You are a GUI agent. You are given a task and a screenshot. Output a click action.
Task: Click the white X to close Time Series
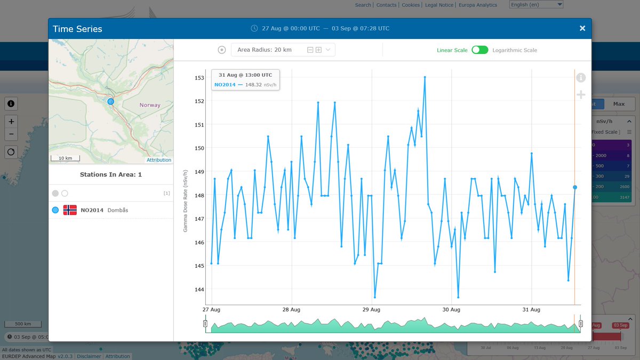[x=582, y=28]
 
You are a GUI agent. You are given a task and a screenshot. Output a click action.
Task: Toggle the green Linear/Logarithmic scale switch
[x=479, y=50]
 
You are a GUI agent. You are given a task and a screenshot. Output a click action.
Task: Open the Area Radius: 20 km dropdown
[x=283, y=50]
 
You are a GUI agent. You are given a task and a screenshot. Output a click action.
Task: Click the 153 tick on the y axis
[x=199, y=78]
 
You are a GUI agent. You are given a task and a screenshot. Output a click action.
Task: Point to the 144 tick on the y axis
[x=199, y=290]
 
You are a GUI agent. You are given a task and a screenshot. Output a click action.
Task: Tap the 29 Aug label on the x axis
[x=371, y=310]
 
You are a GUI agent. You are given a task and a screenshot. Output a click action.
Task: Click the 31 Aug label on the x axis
[x=531, y=310]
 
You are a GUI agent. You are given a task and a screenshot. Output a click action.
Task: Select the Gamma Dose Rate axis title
[x=186, y=201]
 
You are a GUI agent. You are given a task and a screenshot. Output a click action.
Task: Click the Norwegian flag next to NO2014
[x=70, y=210]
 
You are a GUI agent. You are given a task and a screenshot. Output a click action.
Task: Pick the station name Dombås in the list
[x=118, y=210]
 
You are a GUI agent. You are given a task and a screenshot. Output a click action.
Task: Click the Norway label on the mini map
[x=150, y=105]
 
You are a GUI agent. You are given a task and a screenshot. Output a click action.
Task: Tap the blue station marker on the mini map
[x=110, y=101]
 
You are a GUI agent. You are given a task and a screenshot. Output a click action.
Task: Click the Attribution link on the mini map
[x=159, y=160]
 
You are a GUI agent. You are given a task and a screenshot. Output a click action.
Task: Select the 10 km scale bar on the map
[x=65, y=158]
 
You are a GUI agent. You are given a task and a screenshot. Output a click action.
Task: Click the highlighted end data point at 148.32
[x=575, y=187]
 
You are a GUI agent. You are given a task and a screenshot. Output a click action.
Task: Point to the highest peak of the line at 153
[x=425, y=77]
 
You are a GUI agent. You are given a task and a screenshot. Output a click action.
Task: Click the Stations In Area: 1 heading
[x=111, y=174]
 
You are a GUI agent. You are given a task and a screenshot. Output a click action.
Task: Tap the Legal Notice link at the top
[x=439, y=5]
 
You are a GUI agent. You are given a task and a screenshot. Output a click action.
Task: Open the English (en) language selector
[x=536, y=5]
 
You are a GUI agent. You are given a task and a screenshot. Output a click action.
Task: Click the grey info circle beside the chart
[x=581, y=78]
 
